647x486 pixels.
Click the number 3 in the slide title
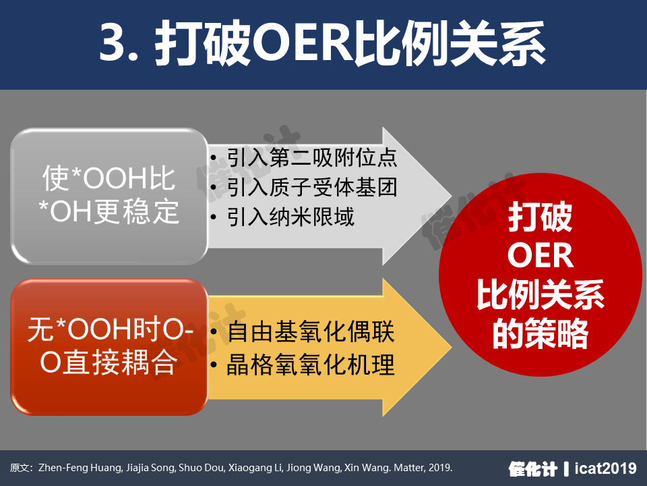(x=113, y=42)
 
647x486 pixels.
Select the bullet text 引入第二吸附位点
(x=312, y=158)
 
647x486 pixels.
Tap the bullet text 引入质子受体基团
(x=312, y=187)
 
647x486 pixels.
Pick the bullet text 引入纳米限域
(x=290, y=217)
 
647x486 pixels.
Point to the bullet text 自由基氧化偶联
(x=311, y=331)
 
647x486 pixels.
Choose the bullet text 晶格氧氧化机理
(x=311, y=364)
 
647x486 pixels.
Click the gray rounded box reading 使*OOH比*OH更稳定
(x=109, y=196)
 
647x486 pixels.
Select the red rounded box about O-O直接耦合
(x=109, y=347)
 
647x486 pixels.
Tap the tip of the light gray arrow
(x=452, y=196)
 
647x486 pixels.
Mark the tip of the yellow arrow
(x=452, y=347)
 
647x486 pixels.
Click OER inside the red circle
(x=540, y=256)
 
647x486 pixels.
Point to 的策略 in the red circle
(x=540, y=333)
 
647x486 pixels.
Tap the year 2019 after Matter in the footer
(x=439, y=468)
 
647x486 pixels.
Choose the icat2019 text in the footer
(x=606, y=468)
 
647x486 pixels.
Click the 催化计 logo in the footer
(x=533, y=468)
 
